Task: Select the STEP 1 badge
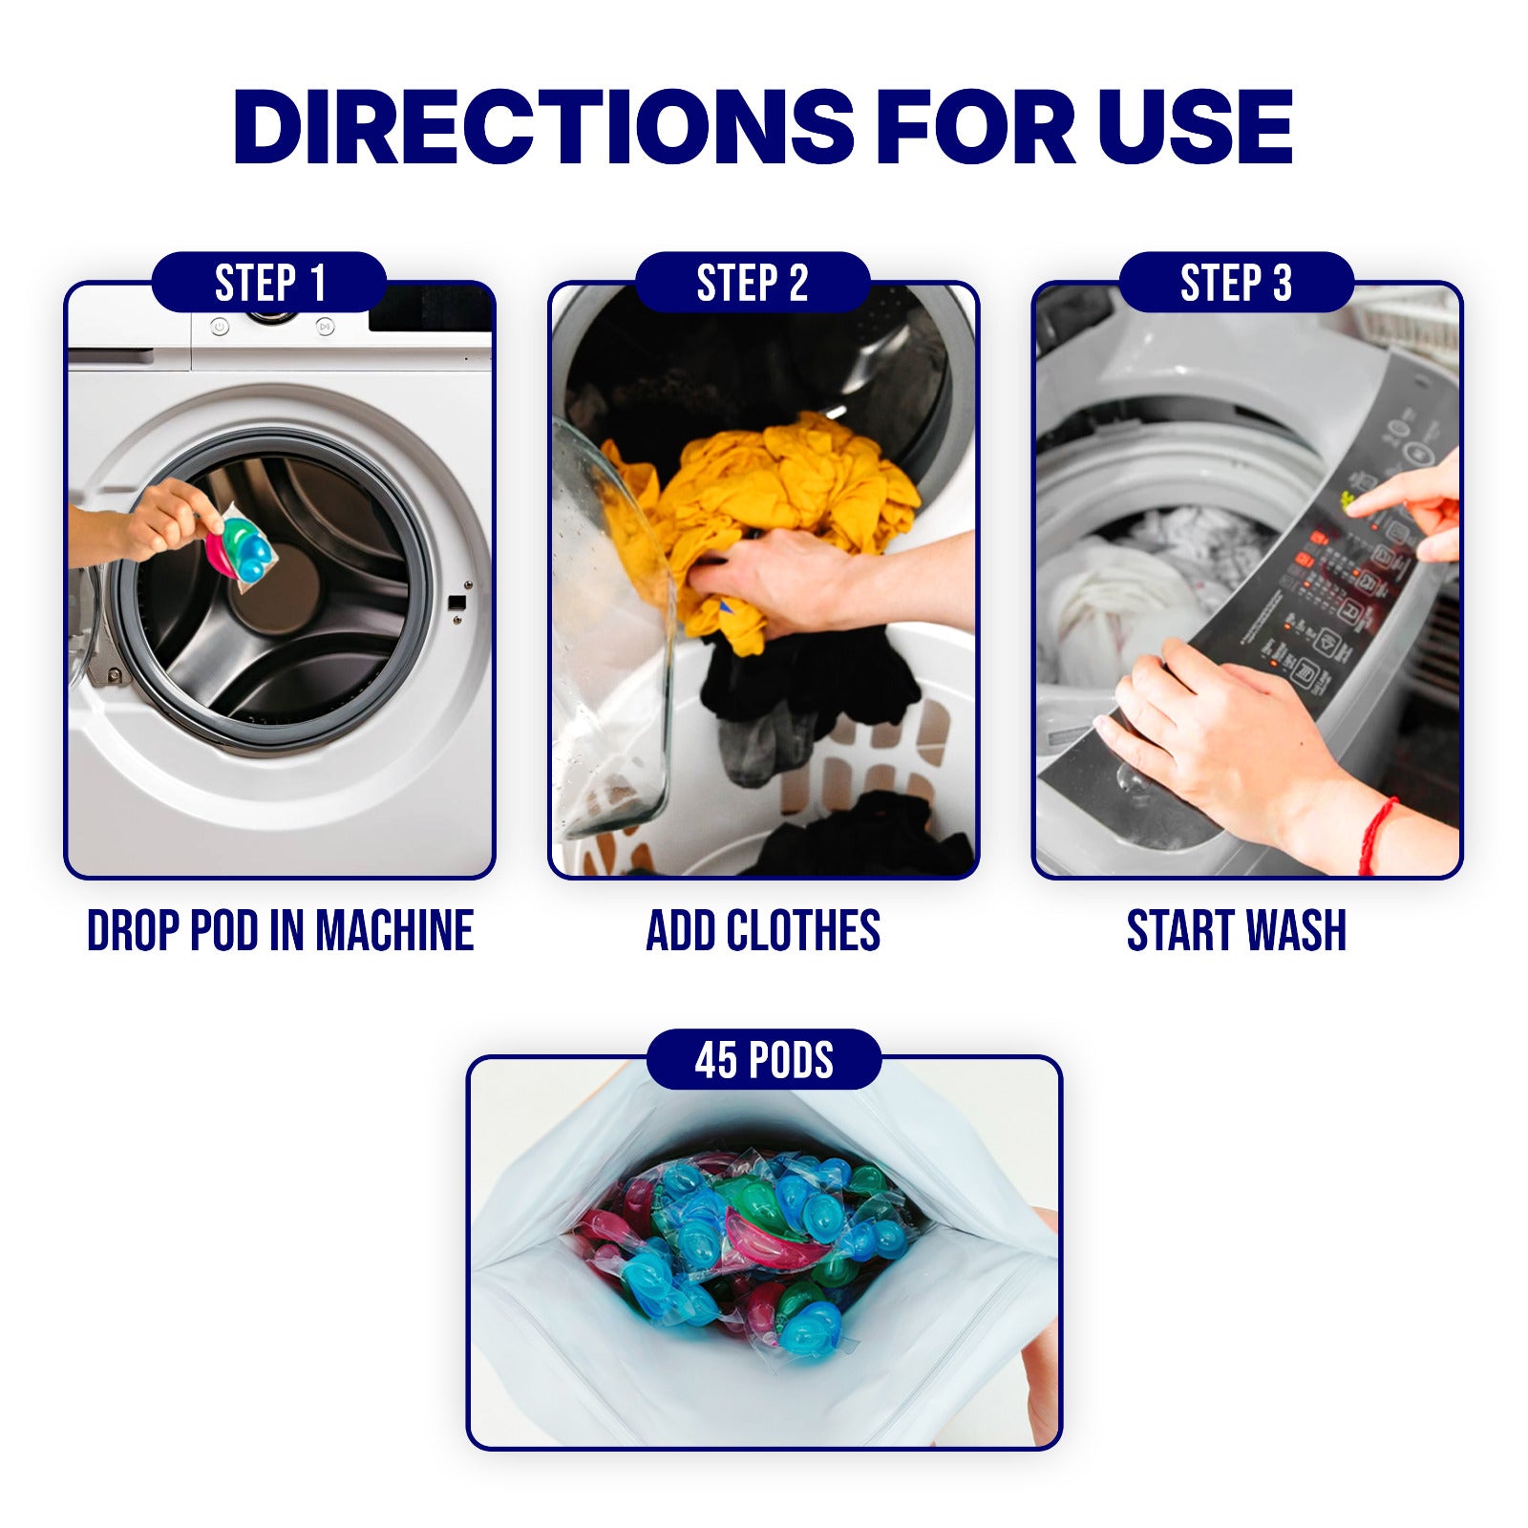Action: [269, 283]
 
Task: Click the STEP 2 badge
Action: [753, 283]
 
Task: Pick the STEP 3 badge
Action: [1236, 283]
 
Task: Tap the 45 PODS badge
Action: [764, 1059]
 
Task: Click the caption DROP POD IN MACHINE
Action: [280, 931]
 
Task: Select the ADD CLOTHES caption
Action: [763, 931]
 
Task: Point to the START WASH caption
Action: [1237, 931]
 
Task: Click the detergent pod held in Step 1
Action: [242, 549]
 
